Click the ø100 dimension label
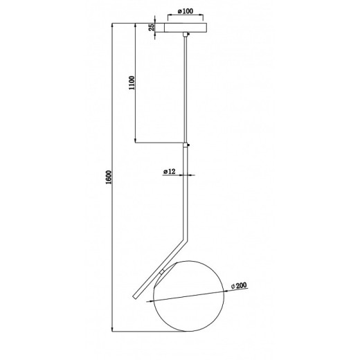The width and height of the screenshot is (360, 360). click(186, 11)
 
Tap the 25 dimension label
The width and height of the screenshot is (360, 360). click(152, 28)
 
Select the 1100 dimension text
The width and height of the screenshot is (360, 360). click(132, 83)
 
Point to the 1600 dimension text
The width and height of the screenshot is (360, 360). click(109, 177)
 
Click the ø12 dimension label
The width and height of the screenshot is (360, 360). click(170, 172)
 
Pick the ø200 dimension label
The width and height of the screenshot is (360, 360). click(239, 286)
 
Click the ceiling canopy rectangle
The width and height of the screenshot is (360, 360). click(186, 28)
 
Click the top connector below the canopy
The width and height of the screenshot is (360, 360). click(186, 35)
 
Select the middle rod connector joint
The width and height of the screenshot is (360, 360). click(186, 145)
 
